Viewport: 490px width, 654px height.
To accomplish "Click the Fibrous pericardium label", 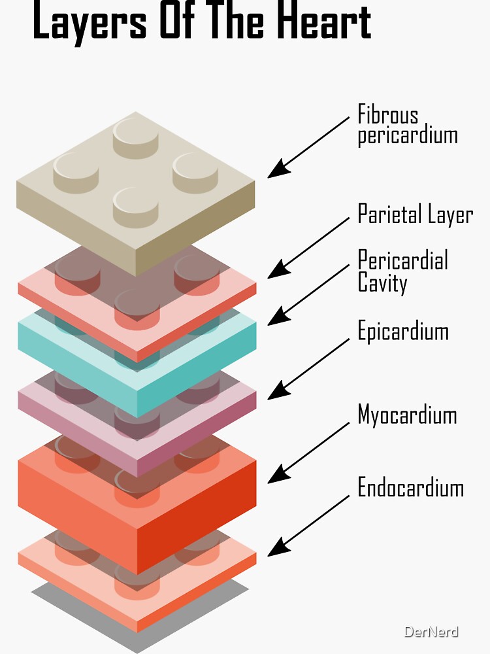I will [407, 125].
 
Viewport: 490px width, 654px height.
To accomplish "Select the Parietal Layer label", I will [415, 214].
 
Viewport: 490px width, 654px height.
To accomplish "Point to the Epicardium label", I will [403, 331].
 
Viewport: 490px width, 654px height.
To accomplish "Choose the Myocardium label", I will [407, 415].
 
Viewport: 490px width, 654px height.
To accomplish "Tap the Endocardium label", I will [410, 487].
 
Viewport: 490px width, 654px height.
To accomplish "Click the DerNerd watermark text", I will [431, 632].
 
